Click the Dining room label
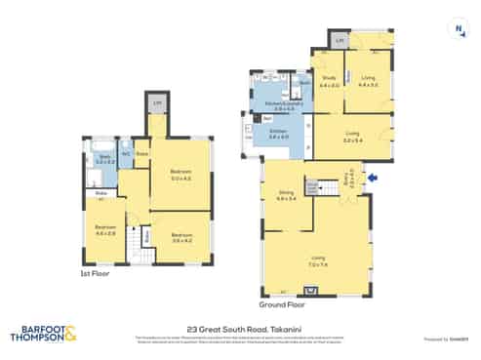point(286,194)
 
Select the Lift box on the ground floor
point(339,40)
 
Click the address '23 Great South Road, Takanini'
point(239,331)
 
